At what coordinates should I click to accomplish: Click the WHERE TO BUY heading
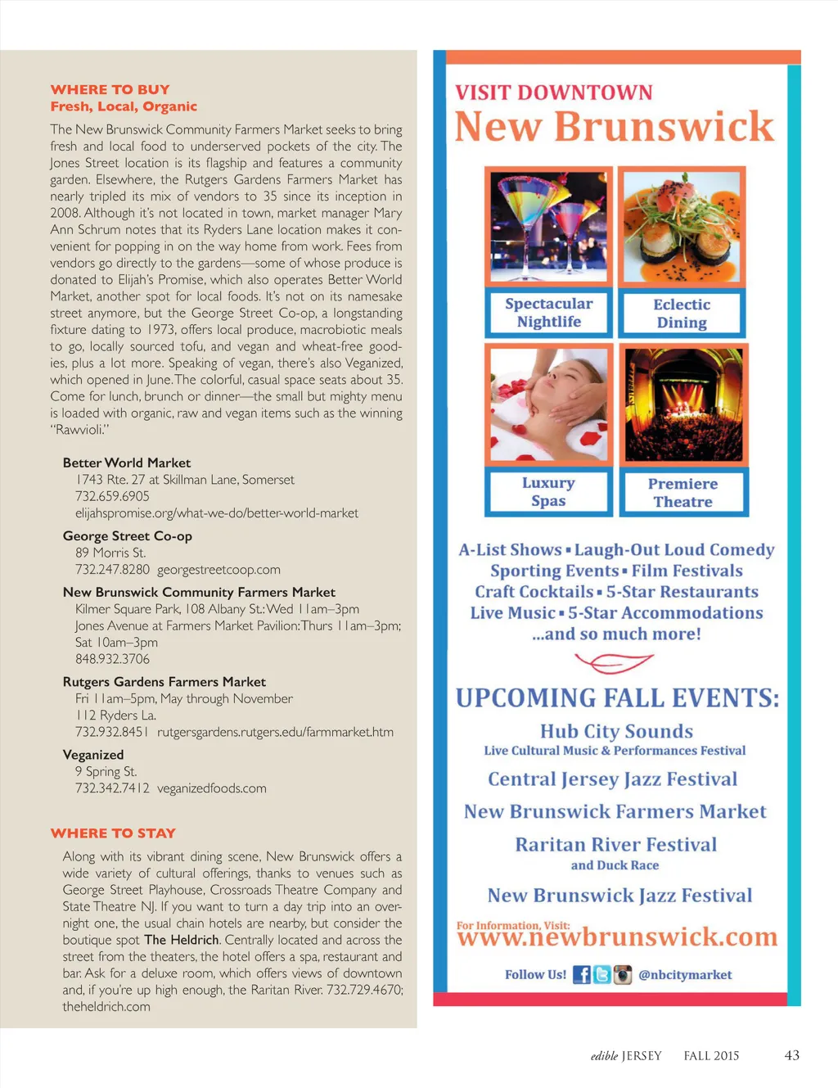[110, 89]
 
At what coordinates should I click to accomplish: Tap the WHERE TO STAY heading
[113, 833]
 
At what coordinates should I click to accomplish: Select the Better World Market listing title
[127, 463]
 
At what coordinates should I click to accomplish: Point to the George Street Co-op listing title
[128, 536]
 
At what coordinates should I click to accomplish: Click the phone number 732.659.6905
[112, 496]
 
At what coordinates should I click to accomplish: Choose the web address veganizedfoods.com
[212, 788]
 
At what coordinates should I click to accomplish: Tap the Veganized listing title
[93, 755]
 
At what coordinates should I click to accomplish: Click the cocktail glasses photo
[548, 227]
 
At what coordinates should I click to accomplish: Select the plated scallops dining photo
[681, 227]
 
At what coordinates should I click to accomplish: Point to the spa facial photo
[548, 404]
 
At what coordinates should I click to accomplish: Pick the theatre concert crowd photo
[683, 404]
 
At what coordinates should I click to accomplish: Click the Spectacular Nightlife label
[548, 313]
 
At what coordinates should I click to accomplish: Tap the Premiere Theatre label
[683, 493]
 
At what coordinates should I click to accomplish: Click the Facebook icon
[581, 975]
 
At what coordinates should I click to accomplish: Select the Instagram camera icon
[623, 975]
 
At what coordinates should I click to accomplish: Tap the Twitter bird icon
[602, 975]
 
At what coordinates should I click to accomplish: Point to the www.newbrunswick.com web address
[617, 938]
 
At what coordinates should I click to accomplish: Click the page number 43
[791, 1055]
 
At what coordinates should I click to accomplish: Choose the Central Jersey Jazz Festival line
[613, 779]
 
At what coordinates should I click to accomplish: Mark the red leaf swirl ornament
[614, 661]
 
